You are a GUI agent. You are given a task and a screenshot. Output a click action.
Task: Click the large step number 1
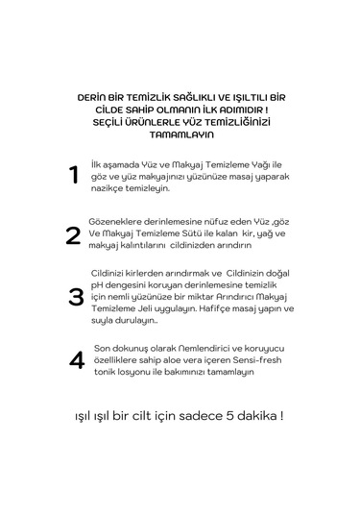pyautogui.click(x=74, y=175)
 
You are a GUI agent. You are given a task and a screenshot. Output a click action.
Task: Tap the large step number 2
pyautogui.click(x=73, y=235)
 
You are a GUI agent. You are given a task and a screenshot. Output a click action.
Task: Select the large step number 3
pyautogui.click(x=76, y=297)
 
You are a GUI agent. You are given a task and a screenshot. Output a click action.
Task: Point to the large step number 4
pyautogui.click(x=77, y=360)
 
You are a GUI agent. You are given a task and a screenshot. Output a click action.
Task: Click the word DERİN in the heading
pyautogui.click(x=94, y=99)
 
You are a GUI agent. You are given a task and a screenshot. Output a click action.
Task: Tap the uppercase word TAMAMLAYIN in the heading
pyautogui.click(x=180, y=135)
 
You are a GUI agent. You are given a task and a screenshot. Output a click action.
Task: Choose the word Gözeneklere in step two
pyautogui.click(x=118, y=221)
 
